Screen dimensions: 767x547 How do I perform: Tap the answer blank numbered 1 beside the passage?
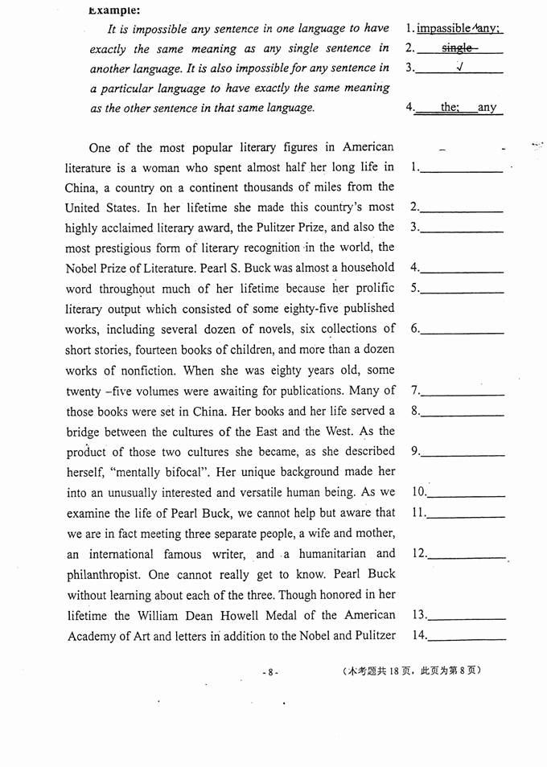coord(462,169)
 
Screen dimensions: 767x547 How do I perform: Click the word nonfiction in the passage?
coord(139,370)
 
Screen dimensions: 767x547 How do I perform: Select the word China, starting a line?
coord(84,187)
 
